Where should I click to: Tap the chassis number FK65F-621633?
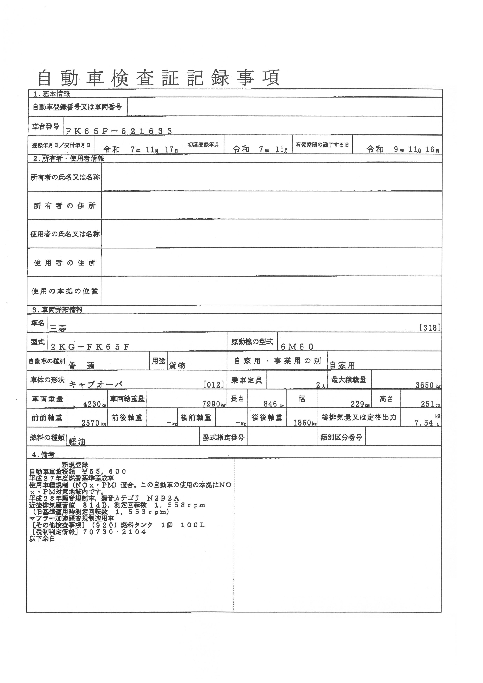pyautogui.click(x=119, y=131)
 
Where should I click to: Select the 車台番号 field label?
pyautogui.click(x=46, y=126)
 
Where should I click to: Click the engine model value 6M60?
pyautogui.click(x=297, y=346)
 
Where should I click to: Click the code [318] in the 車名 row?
pyautogui.click(x=430, y=328)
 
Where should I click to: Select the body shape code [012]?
pyautogui.click(x=213, y=385)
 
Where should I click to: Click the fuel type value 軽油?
pyautogui.click(x=77, y=442)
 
